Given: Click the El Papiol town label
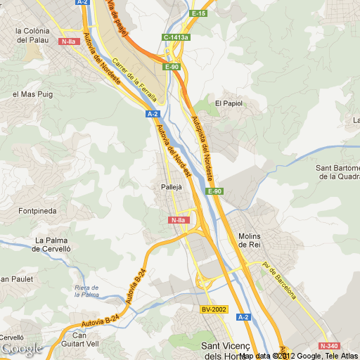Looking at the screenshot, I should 229,103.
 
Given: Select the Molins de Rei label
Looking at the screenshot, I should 250,240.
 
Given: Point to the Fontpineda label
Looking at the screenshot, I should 38,210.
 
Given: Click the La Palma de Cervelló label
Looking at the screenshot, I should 53,244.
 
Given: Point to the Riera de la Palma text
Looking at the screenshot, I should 86,290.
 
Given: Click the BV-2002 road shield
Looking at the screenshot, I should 214,309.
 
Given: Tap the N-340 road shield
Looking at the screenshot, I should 328,346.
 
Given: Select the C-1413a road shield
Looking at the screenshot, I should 176,37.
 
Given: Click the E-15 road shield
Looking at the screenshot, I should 199,13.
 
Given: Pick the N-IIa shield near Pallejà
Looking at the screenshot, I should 178,220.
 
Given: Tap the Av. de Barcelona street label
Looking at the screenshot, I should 280,280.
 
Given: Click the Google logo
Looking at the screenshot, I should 22,348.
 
